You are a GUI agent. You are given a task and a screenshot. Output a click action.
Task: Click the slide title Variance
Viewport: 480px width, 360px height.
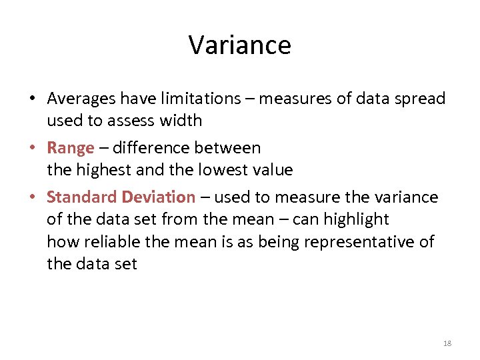click(x=240, y=45)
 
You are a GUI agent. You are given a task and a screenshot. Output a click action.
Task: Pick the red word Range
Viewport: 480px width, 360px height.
click(x=71, y=148)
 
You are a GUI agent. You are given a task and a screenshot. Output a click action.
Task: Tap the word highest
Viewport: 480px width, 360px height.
click(x=104, y=170)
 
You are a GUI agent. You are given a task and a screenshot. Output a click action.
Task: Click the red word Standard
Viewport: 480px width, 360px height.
click(x=81, y=197)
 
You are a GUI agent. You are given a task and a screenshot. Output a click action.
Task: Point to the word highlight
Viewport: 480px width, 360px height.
click(x=357, y=219)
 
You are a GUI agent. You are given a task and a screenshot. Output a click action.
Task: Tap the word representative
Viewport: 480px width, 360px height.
click(x=363, y=241)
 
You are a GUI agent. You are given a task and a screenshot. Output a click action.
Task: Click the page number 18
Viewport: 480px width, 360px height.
click(x=447, y=343)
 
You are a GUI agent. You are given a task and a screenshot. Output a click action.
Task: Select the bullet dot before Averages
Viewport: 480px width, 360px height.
click(x=32, y=99)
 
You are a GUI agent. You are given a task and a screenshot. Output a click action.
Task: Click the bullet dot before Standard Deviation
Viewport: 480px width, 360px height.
click(x=32, y=198)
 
